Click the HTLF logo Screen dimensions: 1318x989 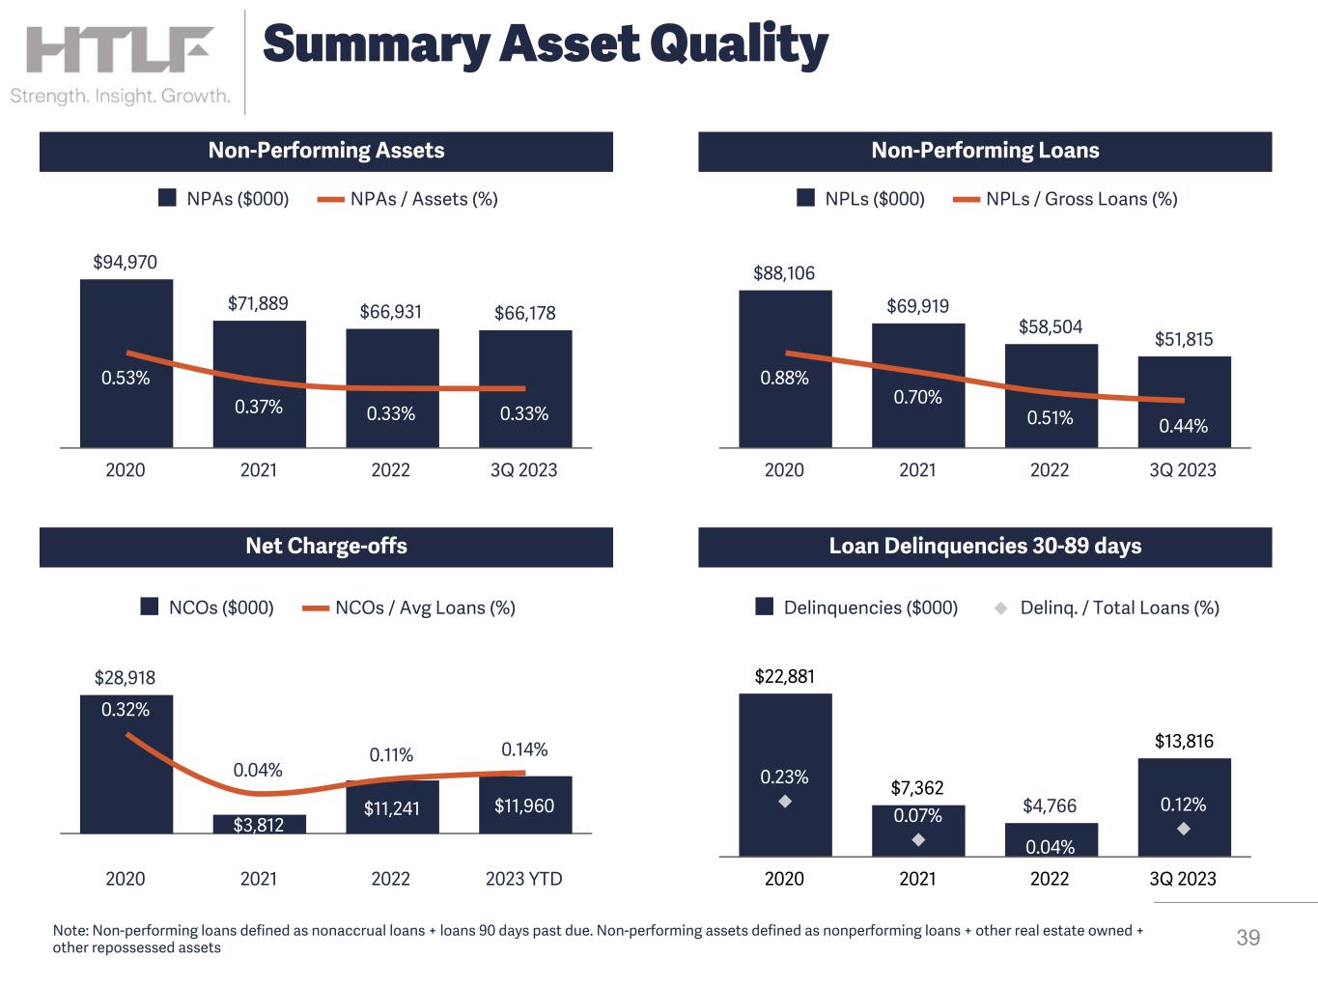tap(120, 49)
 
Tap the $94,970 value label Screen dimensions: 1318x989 tap(125, 263)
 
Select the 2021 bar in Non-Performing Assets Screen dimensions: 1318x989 tap(260, 384)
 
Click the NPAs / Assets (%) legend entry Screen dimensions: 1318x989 tap(407, 199)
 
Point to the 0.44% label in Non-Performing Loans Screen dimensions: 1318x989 tap(1183, 426)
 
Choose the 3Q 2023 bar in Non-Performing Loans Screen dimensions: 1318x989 tap(1184, 403)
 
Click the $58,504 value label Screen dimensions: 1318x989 tap(1051, 326)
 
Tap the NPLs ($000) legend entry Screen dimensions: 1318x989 tap(860, 199)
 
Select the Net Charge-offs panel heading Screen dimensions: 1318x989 tap(326, 546)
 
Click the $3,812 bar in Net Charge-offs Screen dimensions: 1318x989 tap(260, 824)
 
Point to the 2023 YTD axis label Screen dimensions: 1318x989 tap(523, 879)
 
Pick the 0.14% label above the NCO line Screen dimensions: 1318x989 tap(524, 749)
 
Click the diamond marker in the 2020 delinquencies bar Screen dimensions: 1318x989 tap(785, 801)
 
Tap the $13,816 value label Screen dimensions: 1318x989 tap(1184, 741)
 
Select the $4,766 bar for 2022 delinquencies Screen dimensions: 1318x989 tap(1052, 839)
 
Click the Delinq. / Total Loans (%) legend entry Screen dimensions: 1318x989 tap(1108, 608)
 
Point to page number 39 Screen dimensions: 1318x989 tap(1248, 938)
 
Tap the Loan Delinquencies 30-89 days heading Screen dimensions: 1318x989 tap(985, 546)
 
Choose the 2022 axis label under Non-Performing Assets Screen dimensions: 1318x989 tap(390, 469)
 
